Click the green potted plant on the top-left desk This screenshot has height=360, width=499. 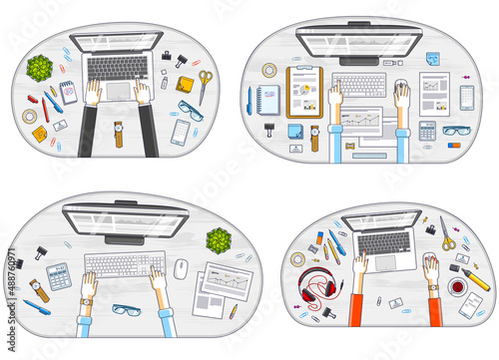[x=41, y=68]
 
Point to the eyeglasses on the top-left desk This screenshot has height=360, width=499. [x=190, y=111]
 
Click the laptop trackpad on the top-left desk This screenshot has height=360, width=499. [x=118, y=91]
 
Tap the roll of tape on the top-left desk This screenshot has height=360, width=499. [x=30, y=117]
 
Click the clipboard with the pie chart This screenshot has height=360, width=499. [x=303, y=91]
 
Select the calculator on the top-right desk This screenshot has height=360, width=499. [x=427, y=130]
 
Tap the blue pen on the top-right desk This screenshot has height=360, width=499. [x=249, y=97]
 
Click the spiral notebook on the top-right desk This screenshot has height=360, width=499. [x=266, y=98]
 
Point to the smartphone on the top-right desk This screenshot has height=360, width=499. [x=466, y=97]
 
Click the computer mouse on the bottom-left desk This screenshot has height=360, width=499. [x=181, y=268]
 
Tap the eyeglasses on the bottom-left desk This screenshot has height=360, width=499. [x=127, y=312]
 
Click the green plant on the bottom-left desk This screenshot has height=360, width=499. [x=219, y=240]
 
